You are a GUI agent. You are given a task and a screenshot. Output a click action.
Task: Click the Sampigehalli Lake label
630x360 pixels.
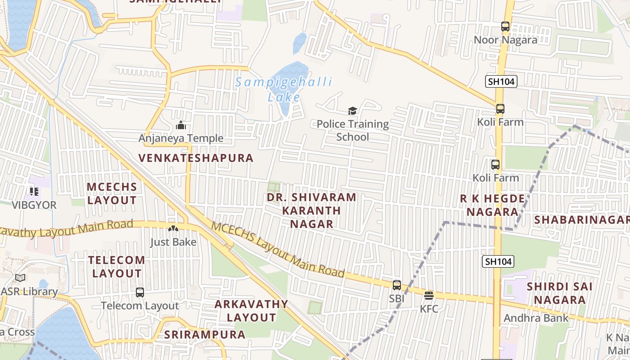[284, 89]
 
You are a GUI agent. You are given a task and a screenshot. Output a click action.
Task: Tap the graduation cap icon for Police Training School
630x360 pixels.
[352, 111]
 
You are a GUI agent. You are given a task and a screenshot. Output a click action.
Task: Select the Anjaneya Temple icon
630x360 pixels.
[181, 125]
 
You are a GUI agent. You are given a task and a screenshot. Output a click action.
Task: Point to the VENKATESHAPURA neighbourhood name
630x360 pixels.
[196, 158]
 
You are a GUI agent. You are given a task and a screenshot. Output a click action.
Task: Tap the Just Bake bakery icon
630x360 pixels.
[173, 229]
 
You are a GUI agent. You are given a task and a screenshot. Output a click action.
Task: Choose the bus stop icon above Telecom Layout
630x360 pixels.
[140, 292]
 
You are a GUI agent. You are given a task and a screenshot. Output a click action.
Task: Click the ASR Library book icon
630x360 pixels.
[20, 278]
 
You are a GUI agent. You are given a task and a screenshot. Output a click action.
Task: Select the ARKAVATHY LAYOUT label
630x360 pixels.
[251, 310]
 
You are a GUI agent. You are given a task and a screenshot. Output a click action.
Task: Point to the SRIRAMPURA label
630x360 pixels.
[205, 335]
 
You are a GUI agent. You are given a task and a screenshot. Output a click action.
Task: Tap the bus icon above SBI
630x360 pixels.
[396, 285]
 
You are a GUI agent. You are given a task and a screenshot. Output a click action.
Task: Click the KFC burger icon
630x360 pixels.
[428, 296]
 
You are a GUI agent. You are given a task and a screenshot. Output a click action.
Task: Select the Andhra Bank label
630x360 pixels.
[536, 318]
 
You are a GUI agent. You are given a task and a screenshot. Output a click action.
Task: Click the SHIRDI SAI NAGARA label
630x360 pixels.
[559, 293]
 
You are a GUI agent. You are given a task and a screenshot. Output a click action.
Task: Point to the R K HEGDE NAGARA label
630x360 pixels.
[492, 205]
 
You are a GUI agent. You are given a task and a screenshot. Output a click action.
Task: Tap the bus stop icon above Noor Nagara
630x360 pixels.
[505, 27]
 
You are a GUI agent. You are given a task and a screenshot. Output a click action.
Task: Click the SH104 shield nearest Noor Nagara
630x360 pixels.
[501, 81]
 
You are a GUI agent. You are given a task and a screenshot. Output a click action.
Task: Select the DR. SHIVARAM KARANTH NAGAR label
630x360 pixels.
[311, 210]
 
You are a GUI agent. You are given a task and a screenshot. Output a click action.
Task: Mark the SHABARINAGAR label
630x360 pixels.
[581, 220]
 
